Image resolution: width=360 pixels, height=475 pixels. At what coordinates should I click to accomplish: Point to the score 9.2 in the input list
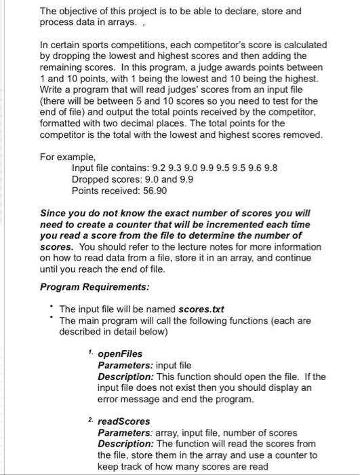click(149, 166)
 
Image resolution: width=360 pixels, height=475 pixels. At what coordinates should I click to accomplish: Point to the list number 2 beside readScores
click(92, 419)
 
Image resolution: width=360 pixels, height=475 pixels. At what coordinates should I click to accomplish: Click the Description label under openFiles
click(123, 376)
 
